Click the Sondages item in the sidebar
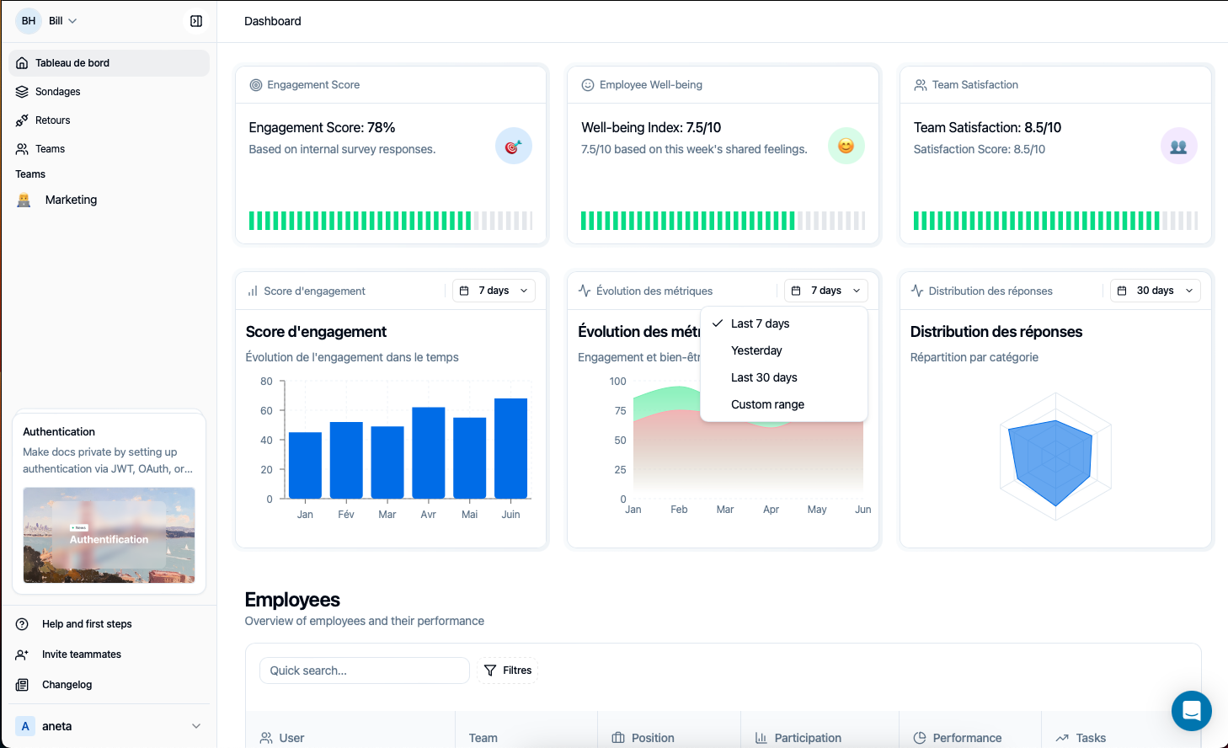(x=57, y=92)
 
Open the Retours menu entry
(x=52, y=120)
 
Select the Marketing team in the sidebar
(x=71, y=200)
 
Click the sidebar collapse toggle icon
(x=196, y=21)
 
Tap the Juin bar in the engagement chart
(x=510, y=448)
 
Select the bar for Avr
(x=428, y=452)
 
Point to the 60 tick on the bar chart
(x=266, y=411)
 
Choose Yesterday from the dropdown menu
(x=756, y=350)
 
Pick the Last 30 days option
(x=764, y=377)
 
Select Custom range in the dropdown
(x=767, y=404)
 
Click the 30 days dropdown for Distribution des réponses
(x=1155, y=291)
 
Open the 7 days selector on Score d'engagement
(x=494, y=291)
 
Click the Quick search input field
(x=364, y=671)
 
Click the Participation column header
(x=807, y=738)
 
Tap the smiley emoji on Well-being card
(x=846, y=146)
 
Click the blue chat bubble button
(x=1191, y=711)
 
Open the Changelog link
(x=67, y=685)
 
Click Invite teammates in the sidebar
(x=81, y=654)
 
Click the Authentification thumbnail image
(x=109, y=535)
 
